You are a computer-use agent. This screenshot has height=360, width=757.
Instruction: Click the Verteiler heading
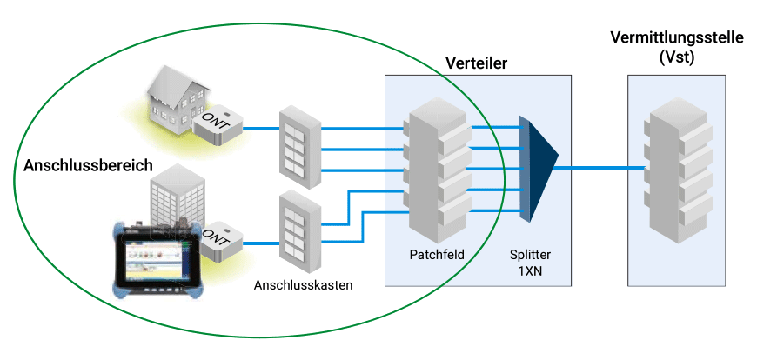(476, 63)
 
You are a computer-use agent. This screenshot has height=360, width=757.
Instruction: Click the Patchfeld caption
(436, 255)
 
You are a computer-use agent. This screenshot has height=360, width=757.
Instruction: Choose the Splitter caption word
(531, 255)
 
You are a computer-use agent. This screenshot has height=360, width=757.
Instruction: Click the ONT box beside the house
(218, 125)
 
